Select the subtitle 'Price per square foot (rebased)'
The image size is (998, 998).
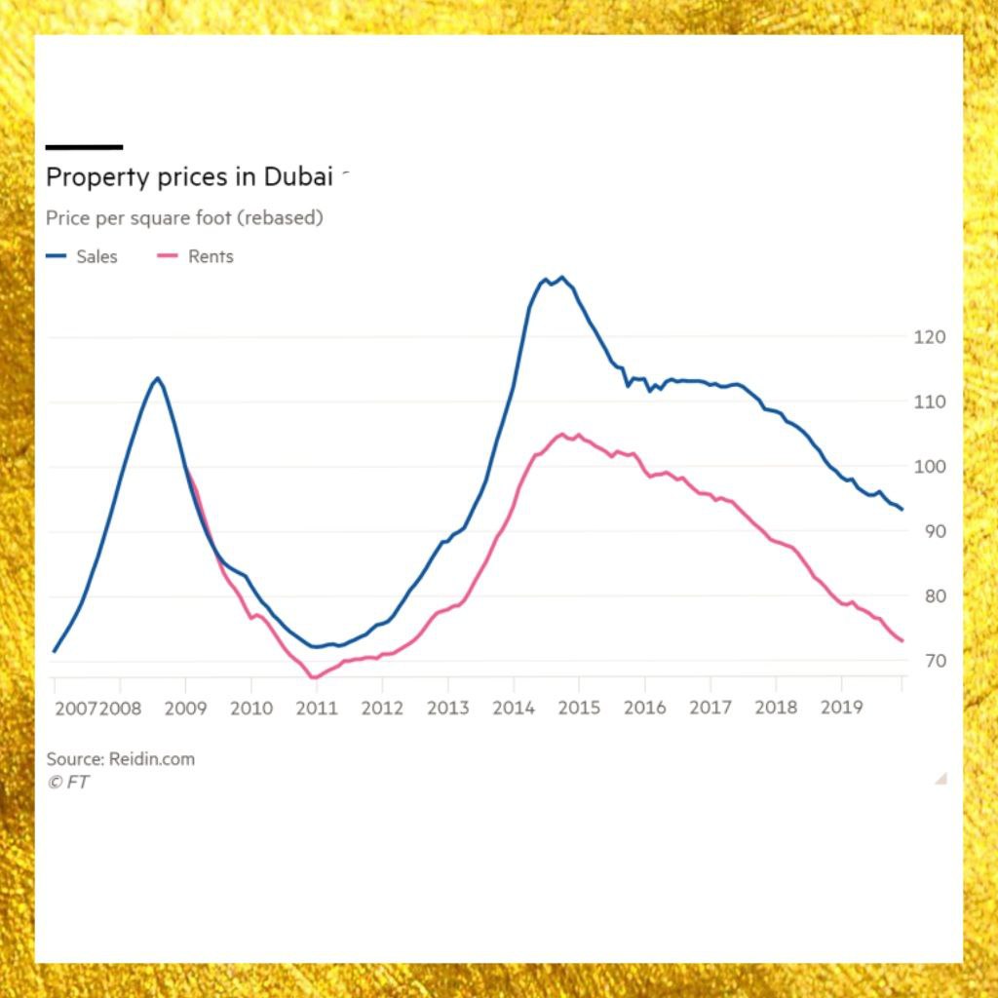tap(184, 217)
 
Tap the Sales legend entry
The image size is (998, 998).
tap(82, 256)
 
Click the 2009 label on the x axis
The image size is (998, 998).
tap(185, 708)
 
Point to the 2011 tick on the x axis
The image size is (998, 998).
tap(316, 708)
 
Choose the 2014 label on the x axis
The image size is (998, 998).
tap(514, 708)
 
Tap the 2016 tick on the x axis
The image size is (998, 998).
tap(644, 708)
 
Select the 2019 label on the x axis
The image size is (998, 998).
tap(841, 708)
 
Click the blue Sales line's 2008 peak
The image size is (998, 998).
tap(157, 378)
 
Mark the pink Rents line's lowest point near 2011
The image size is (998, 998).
tap(313, 677)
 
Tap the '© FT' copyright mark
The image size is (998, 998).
tap(67, 782)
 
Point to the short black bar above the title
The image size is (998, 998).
tap(84, 147)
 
